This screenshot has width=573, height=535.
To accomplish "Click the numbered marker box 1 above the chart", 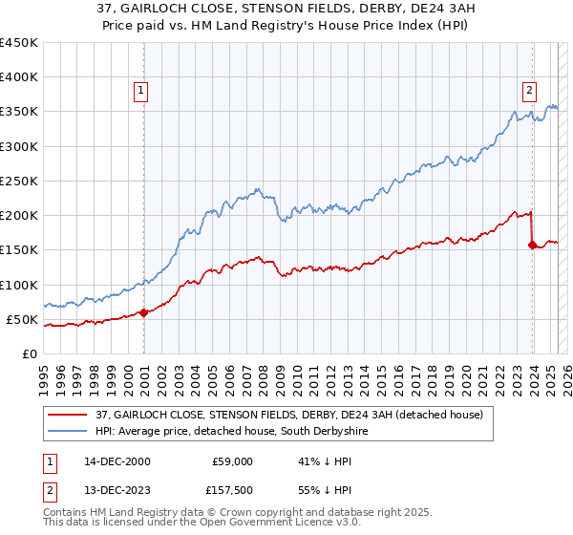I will point(140,91).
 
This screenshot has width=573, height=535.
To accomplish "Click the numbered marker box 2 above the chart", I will point(529,91).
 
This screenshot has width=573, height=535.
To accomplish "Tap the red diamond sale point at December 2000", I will point(144,312).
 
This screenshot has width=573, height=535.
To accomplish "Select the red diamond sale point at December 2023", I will point(532,245).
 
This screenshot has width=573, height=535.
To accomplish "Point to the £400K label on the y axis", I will point(19,77).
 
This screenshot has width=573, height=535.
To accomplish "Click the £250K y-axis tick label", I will point(19,181).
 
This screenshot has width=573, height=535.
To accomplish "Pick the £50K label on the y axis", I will point(23,319).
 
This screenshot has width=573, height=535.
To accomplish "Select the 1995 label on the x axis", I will point(44,373).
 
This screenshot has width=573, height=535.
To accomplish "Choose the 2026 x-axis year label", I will point(565,373).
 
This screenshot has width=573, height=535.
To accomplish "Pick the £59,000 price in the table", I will point(233,461).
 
